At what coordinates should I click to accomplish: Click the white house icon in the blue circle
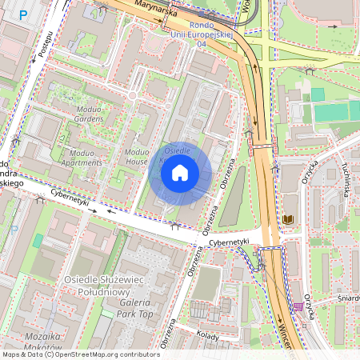180,172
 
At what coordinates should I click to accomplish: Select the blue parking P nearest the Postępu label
23,14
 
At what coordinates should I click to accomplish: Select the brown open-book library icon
287,219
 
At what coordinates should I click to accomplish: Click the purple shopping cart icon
298,306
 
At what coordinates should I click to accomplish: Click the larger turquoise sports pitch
335,111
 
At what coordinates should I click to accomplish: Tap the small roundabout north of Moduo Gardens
133,97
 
